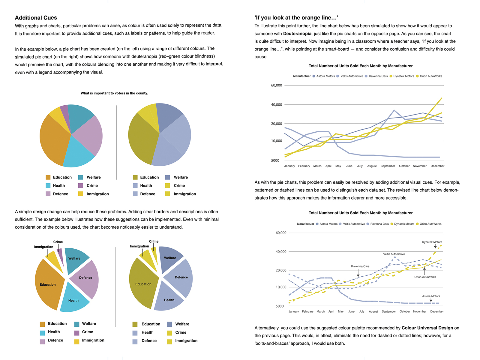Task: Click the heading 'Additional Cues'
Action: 36,18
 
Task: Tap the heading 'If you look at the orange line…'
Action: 296,18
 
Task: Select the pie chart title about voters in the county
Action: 114,93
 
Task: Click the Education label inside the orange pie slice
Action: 47,285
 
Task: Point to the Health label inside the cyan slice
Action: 73,301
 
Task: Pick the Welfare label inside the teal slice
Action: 74,258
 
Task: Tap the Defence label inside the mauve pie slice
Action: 85,278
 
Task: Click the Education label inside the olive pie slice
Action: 143,284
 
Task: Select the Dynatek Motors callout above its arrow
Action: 432,242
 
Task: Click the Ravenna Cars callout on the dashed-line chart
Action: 360,266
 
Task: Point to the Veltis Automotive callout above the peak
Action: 394,254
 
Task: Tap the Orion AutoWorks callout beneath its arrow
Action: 425,277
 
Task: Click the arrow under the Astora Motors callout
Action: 431,300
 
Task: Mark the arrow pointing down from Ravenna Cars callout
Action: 358,273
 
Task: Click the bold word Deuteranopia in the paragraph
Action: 296,34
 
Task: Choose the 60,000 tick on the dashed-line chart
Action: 281,233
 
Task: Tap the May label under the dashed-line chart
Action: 340,311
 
